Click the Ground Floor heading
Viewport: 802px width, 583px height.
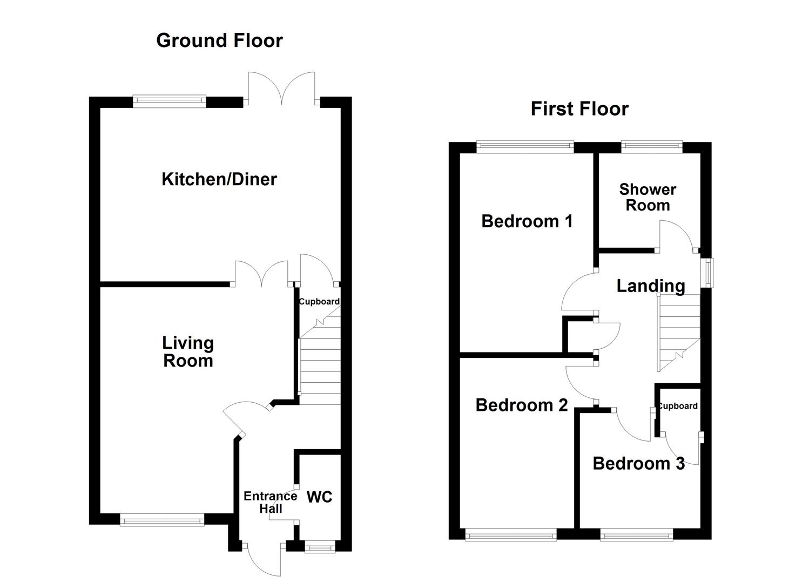tap(219, 40)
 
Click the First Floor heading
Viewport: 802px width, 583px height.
tap(579, 109)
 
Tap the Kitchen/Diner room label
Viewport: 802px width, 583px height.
tap(219, 179)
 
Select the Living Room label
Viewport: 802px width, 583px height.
tap(188, 352)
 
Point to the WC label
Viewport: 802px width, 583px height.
tap(320, 497)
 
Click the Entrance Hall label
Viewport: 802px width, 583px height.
tap(270, 502)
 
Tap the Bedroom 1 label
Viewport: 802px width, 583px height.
tap(527, 221)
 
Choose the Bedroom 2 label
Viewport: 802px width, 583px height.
tap(521, 405)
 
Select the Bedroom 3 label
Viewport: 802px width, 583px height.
tap(638, 463)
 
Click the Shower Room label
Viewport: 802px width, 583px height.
tap(648, 198)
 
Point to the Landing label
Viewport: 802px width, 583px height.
tap(651, 286)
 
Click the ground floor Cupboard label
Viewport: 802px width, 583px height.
tap(319, 302)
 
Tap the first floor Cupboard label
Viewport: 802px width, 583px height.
tap(678, 406)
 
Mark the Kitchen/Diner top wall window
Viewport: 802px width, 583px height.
tap(170, 101)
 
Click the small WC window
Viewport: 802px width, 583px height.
tap(319, 547)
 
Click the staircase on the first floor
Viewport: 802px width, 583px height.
tap(678, 332)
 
